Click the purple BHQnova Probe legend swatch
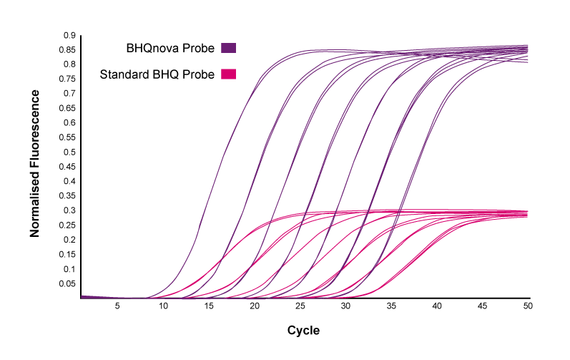(x=229, y=48)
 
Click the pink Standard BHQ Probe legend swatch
(x=229, y=74)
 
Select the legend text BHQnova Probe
(x=170, y=49)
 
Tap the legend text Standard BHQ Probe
(x=157, y=74)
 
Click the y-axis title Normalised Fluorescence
(x=34, y=164)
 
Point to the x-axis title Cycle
(x=303, y=330)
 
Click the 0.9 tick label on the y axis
(x=69, y=35)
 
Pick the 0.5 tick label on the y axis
(x=69, y=152)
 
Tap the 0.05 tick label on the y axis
(x=67, y=283)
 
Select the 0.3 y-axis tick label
(x=69, y=210)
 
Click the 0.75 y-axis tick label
(x=67, y=79)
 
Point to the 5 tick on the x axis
(x=117, y=306)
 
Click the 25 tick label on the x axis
(x=300, y=306)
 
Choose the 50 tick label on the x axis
(x=528, y=306)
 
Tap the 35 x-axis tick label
(x=391, y=306)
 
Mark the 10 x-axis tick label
(x=163, y=306)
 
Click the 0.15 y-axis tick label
(x=67, y=254)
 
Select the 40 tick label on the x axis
(x=437, y=306)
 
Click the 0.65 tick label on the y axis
(x=67, y=108)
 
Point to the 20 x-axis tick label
(x=255, y=306)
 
